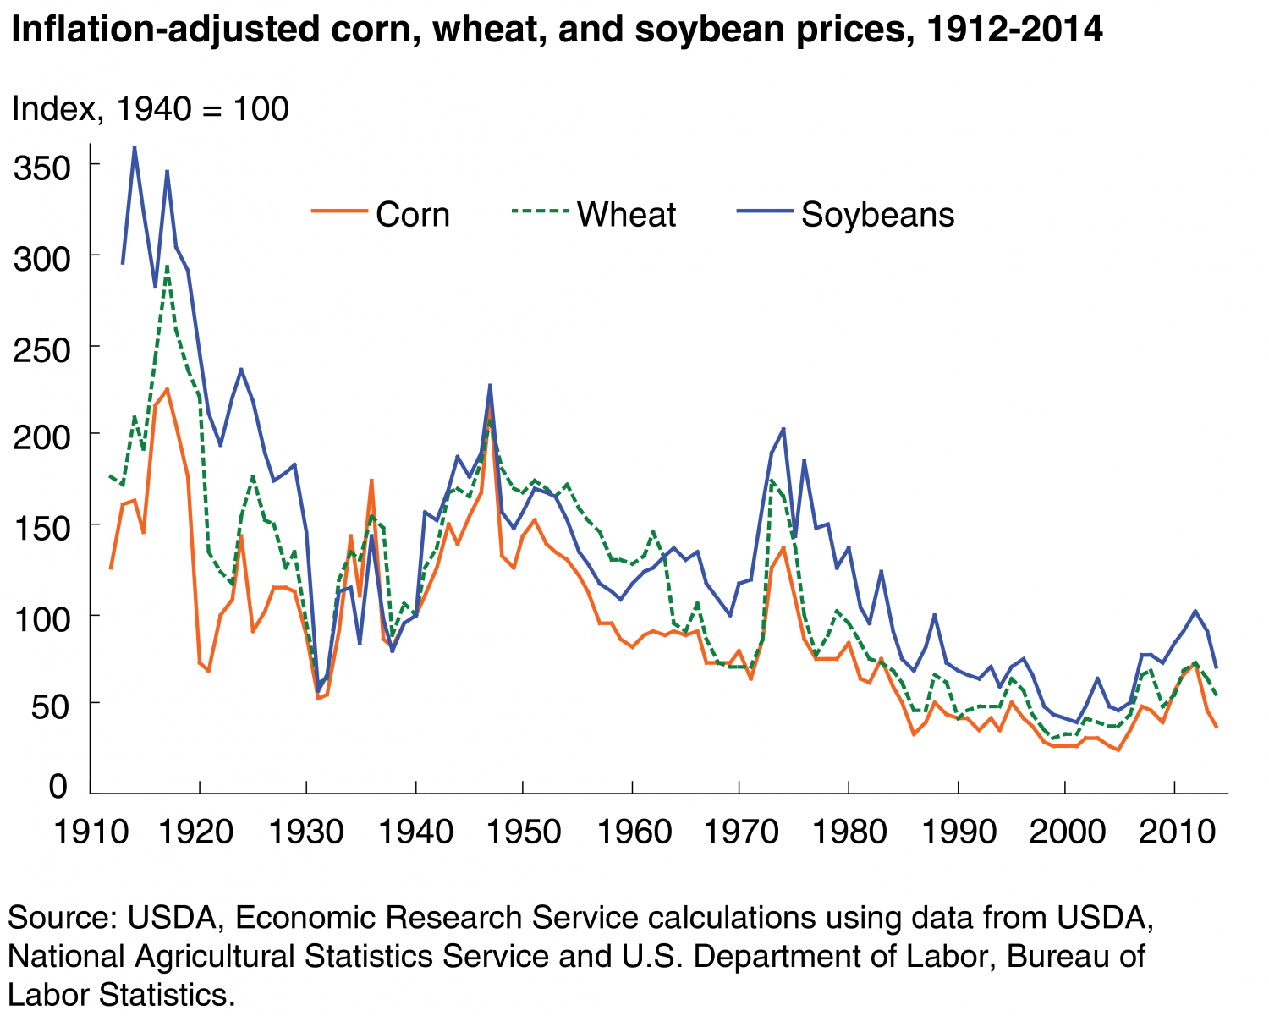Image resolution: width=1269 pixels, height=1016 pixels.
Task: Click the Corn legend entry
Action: click(x=381, y=215)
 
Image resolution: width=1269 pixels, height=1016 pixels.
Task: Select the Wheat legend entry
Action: click(x=595, y=215)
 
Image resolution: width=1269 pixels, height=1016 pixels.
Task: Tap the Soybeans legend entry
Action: click(x=845, y=215)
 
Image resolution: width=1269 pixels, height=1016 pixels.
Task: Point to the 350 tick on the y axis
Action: click(x=41, y=168)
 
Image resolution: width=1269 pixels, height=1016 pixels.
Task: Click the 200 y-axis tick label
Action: click(x=41, y=435)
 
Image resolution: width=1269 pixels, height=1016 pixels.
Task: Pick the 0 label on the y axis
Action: click(x=58, y=787)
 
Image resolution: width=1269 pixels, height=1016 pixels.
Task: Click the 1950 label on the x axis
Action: click(x=524, y=832)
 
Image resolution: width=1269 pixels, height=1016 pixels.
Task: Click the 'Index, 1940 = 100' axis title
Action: click(x=150, y=109)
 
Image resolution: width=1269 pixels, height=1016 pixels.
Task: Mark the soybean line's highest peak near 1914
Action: click(x=134, y=147)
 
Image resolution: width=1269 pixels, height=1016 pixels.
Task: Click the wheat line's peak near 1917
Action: click(x=167, y=266)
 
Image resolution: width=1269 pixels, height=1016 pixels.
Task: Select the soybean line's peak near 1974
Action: click(x=783, y=428)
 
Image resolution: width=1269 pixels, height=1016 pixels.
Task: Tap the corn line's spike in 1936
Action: click(x=371, y=480)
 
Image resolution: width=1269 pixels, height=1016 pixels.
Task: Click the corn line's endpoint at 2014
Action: click(x=1217, y=727)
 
